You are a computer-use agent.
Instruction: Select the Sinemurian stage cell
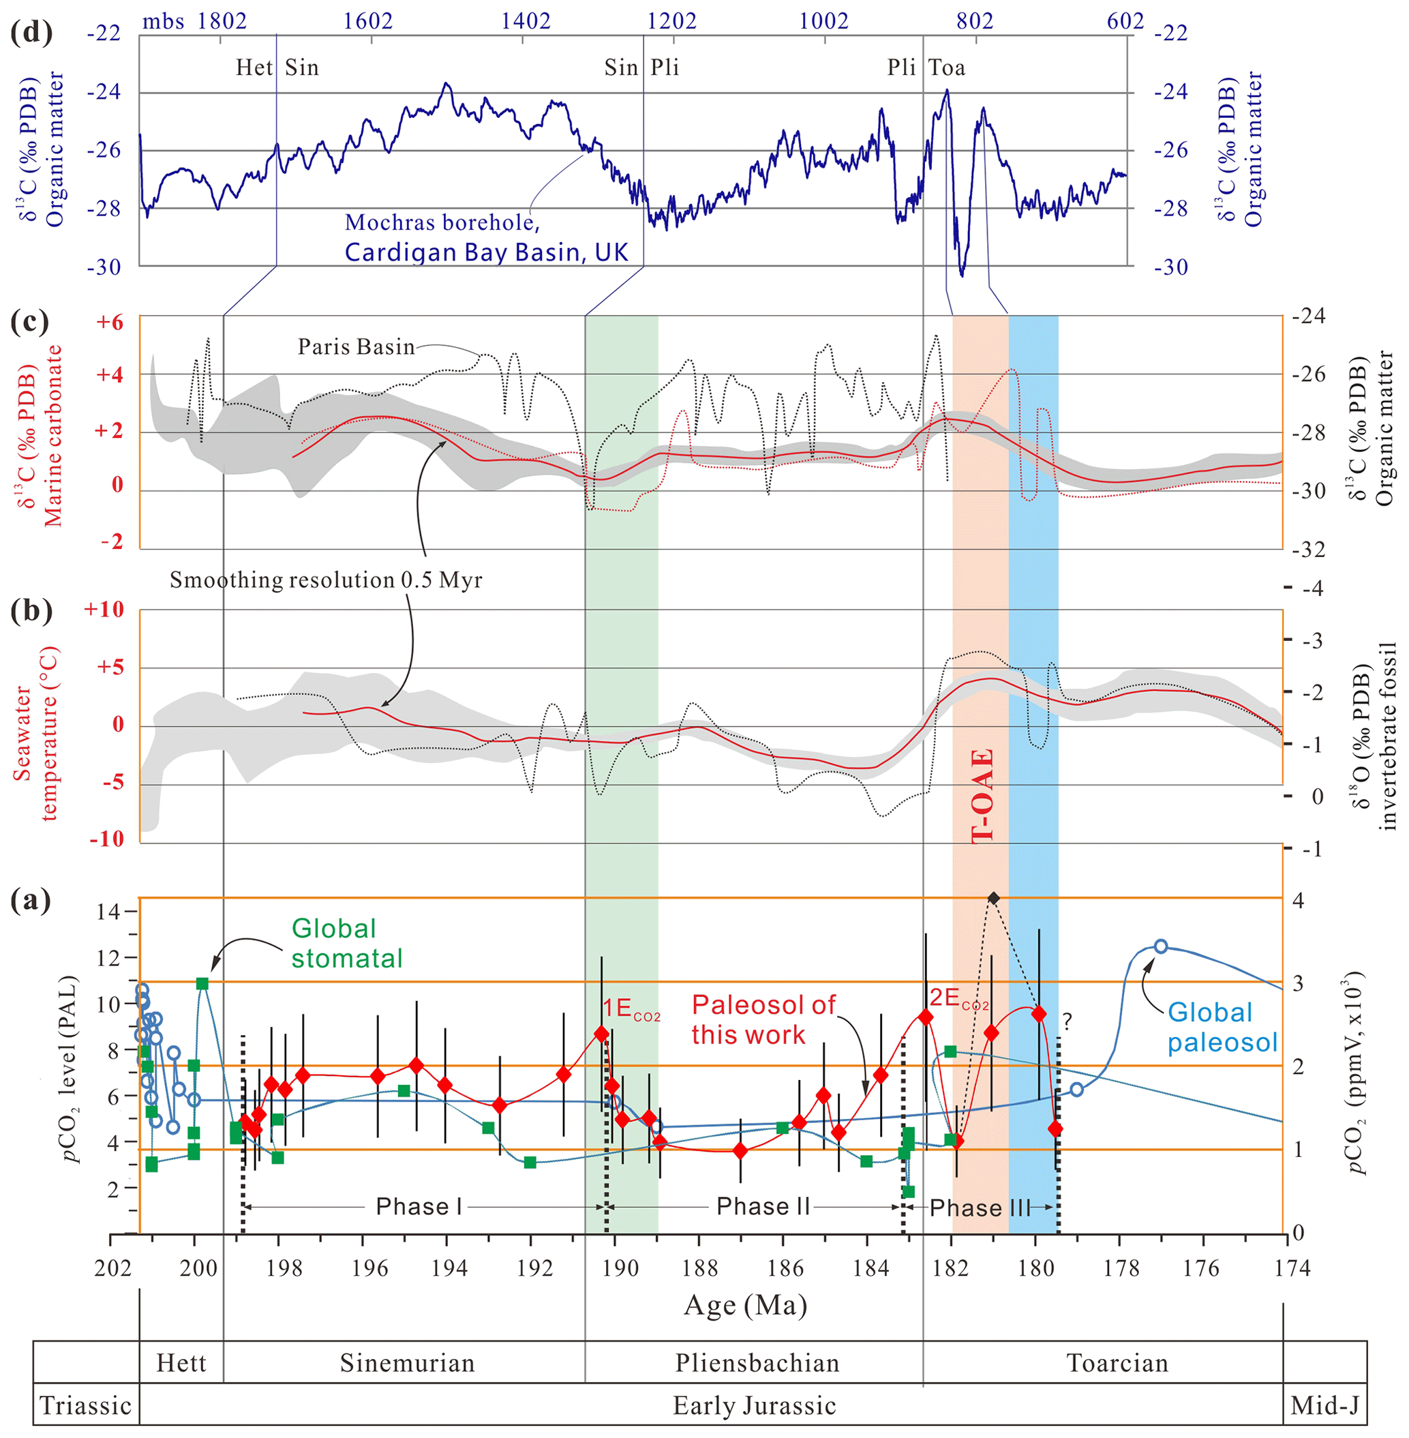point(407,1363)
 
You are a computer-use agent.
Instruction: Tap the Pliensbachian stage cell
point(757,1363)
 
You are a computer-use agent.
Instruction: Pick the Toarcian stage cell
point(1117,1363)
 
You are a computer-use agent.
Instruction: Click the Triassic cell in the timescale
point(86,1405)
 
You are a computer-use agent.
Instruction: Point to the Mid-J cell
point(1324,1405)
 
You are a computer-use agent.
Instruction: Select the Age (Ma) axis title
point(745,1305)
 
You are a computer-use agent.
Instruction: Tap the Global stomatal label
point(346,944)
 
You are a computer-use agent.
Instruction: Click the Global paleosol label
point(1222,1028)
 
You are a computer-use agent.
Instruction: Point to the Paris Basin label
point(356,347)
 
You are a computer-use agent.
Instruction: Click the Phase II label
point(763,1207)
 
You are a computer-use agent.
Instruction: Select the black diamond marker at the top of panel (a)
point(994,898)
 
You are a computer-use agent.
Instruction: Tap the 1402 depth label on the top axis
point(526,20)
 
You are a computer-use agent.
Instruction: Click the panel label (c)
point(31,322)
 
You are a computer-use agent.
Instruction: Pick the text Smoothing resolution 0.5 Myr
point(326,580)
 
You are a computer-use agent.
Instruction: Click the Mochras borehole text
point(442,223)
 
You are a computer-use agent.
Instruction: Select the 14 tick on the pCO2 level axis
point(108,911)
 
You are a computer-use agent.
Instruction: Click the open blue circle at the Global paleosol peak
point(1160,946)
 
